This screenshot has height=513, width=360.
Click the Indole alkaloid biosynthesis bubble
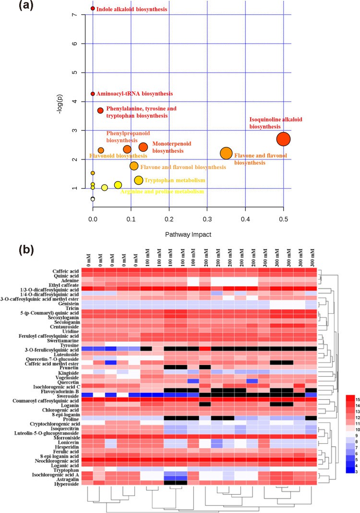93,8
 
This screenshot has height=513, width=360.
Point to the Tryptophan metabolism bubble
139,180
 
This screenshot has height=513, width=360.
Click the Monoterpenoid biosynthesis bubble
143,147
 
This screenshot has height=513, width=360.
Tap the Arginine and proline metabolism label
162,191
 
